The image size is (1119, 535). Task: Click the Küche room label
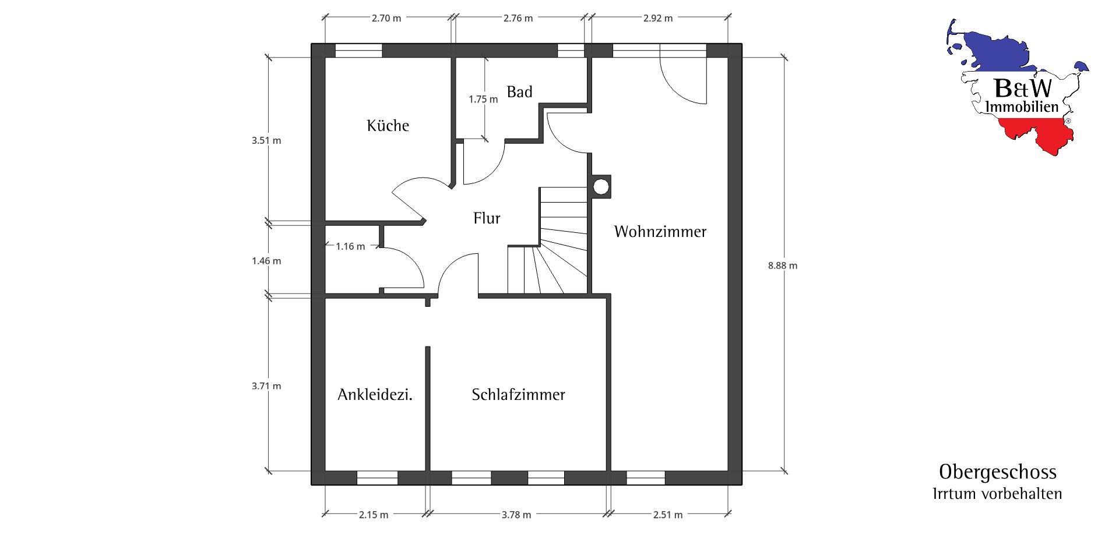click(388, 126)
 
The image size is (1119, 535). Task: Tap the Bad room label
click(519, 92)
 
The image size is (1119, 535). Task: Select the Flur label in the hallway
click(487, 218)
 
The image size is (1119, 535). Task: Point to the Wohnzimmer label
click(660, 232)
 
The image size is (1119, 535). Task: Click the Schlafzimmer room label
click(518, 395)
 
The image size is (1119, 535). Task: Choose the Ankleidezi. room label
click(375, 395)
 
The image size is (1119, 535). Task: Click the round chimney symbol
click(600, 187)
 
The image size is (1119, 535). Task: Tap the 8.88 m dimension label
click(782, 265)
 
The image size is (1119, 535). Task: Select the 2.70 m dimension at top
click(386, 18)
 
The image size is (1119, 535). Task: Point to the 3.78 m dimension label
click(516, 515)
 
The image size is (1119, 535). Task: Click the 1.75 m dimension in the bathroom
click(483, 100)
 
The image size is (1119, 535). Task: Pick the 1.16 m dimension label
click(350, 246)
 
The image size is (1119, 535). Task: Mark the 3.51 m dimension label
click(266, 140)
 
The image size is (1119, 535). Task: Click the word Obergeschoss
click(998, 472)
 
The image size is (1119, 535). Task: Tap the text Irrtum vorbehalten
click(997, 494)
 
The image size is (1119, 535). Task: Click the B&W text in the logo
click(1023, 88)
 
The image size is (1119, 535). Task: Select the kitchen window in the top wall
click(358, 51)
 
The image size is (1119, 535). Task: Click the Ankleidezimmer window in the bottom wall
click(376, 477)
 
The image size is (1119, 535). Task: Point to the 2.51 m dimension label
click(667, 515)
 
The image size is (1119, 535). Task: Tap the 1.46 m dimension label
click(266, 261)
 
